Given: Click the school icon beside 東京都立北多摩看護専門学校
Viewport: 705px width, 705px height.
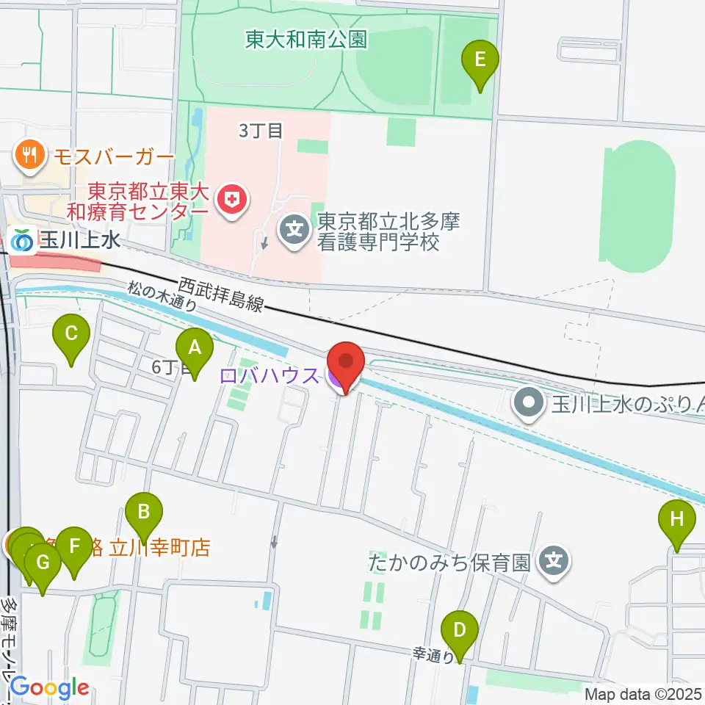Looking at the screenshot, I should [294, 231].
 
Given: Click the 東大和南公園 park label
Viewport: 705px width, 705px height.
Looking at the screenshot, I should [305, 38].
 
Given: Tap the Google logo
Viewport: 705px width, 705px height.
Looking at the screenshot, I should [49, 688].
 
